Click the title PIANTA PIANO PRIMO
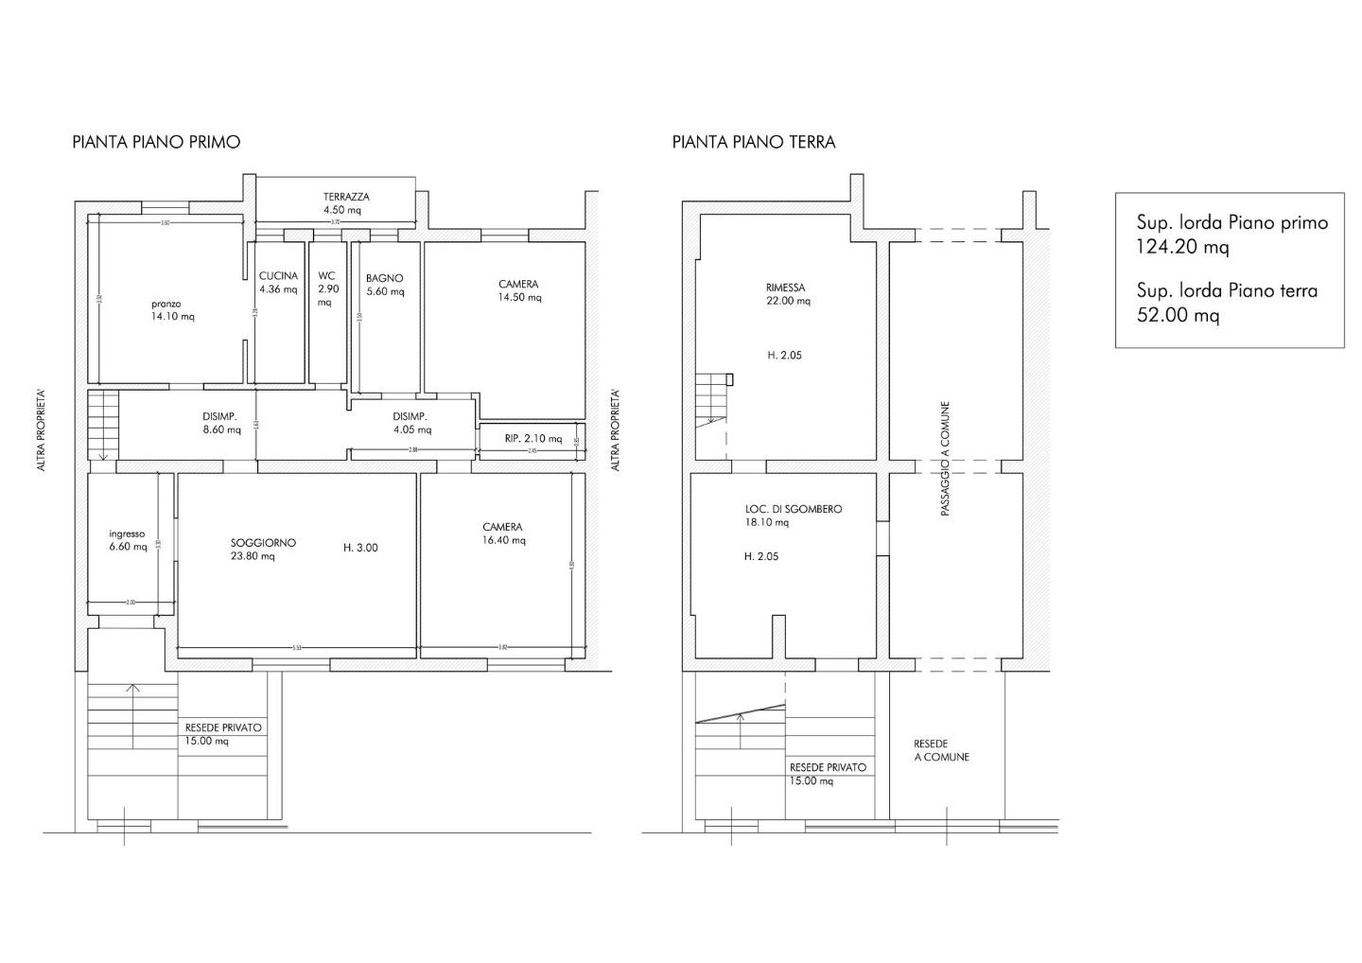(156, 142)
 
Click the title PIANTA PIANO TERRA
(754, 142)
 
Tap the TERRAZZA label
(346, 197)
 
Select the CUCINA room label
(278, 276)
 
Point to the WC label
(326, 276)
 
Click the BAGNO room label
(385, 278)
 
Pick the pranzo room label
(166, 304)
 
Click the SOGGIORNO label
(263, 543)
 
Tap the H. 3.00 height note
(360, 548)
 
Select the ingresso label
(127, 534)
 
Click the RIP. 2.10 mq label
(533, 439)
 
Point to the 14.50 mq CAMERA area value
(520, 298)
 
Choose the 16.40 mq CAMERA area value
(504, 541)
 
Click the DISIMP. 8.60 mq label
(220, 423)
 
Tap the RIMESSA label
(786, 288)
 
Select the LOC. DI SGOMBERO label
(793, 509)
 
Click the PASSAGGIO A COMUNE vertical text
(945, 460)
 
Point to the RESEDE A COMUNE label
(941, 750)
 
